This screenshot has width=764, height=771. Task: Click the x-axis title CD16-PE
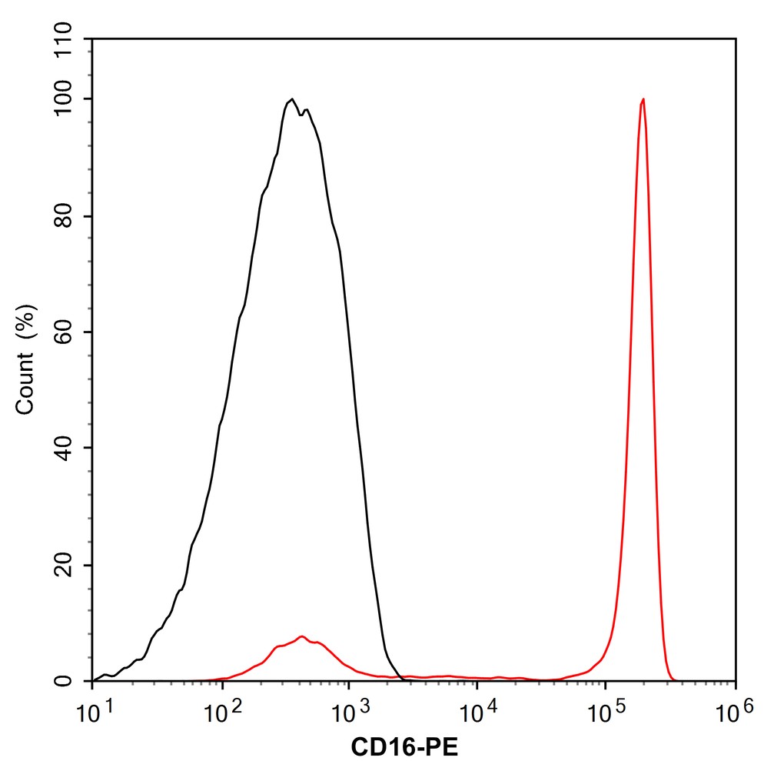point(404,746)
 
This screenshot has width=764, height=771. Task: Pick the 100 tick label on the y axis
point(68,99)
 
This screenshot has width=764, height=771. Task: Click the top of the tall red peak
point(643,99)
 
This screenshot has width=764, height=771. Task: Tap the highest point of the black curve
point(292,99)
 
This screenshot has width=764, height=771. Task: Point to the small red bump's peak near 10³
point(302,636)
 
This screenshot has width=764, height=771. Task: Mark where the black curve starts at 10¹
point(94,680)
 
